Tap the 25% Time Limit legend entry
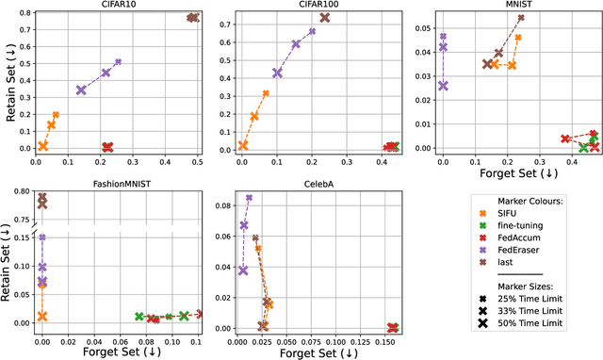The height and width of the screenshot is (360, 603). click(537, 324)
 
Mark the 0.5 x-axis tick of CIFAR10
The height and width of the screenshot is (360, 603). click(196, 162)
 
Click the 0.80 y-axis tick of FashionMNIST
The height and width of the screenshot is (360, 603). click(20, 192)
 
